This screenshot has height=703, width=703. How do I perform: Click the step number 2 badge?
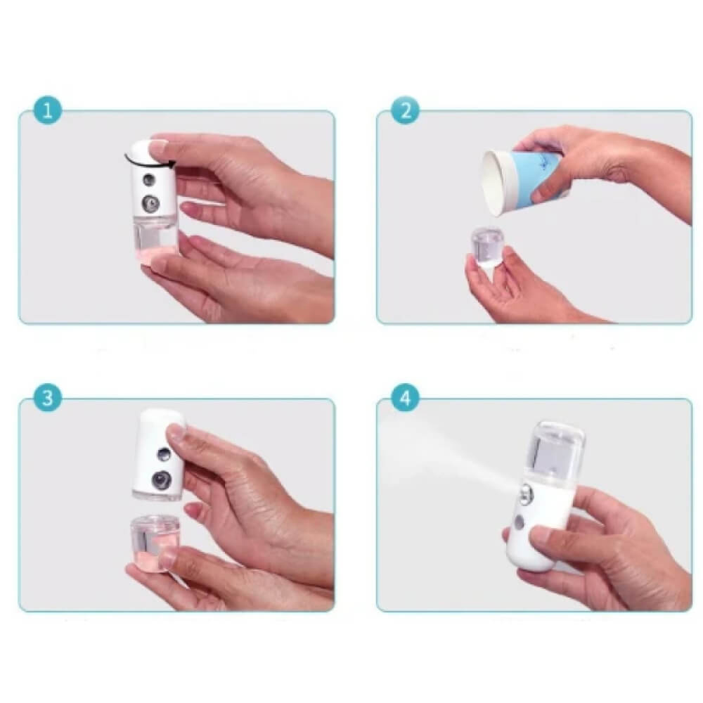tap(406, 111)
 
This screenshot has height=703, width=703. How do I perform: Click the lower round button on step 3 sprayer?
tap(160, 481)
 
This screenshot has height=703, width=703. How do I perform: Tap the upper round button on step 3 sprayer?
tap(164, 454)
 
